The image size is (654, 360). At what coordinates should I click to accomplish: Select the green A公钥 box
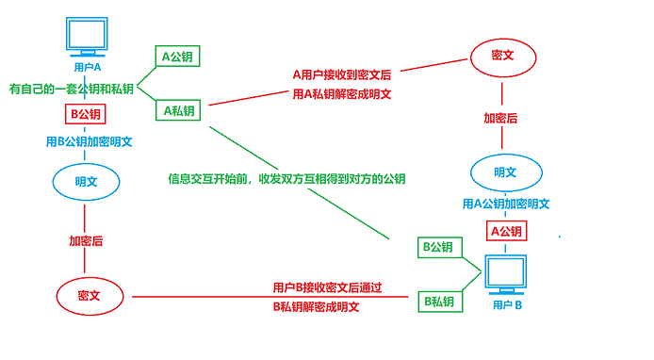coord(177,57)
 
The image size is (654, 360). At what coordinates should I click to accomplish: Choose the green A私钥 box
coord(178,111)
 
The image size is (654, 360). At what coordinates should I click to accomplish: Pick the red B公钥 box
coord(86,114)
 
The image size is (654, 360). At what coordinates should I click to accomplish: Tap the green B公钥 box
coord(439,247)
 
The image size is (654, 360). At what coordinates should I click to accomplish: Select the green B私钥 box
coord(439,302)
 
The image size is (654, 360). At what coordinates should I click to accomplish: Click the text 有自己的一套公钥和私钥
coord(71,89)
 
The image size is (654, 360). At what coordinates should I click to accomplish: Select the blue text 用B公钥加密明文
coord(89,142)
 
